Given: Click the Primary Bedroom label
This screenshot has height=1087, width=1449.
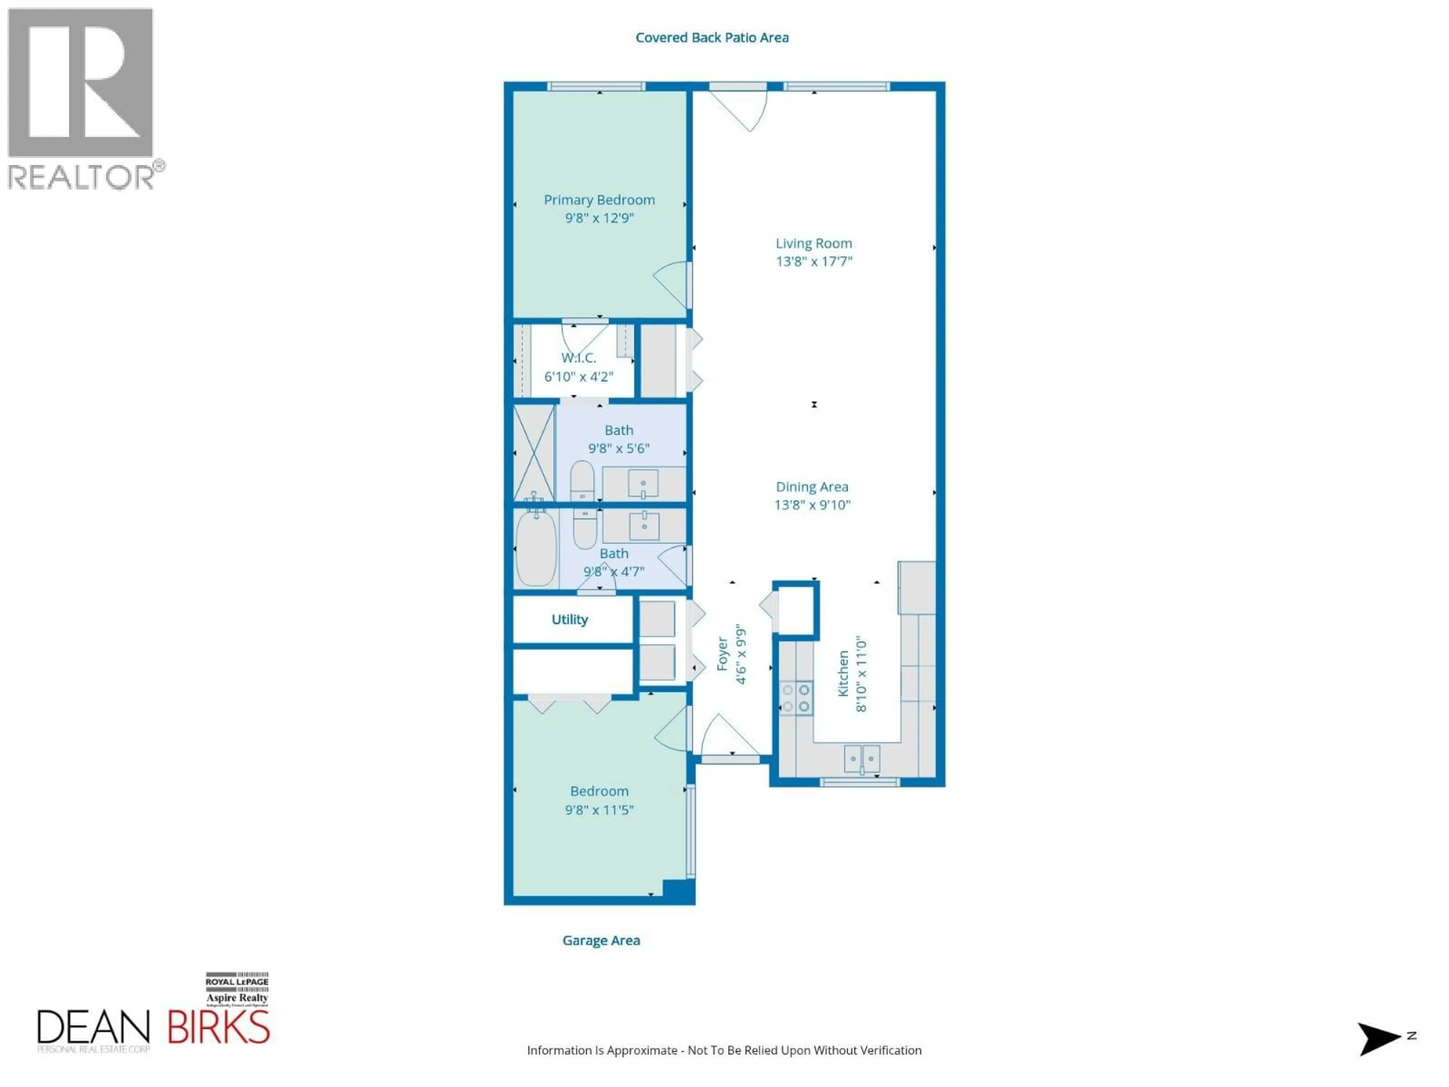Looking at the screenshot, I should [x=599, y=200].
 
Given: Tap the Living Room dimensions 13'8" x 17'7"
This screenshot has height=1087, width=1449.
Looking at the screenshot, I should [x=814, y=262].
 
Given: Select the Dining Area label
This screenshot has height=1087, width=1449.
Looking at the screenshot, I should [x=812, y=487].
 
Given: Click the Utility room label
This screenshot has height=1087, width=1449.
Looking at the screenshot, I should [x=569, y=619].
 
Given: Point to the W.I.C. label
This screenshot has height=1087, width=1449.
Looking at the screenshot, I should [x=578, y=358].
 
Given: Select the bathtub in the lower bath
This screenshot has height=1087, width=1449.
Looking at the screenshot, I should [x=536, y=548].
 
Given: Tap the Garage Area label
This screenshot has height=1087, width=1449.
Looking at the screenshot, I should [x=601, y=940].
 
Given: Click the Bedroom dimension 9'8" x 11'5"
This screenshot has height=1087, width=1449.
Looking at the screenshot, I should [x=599, y=810].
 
